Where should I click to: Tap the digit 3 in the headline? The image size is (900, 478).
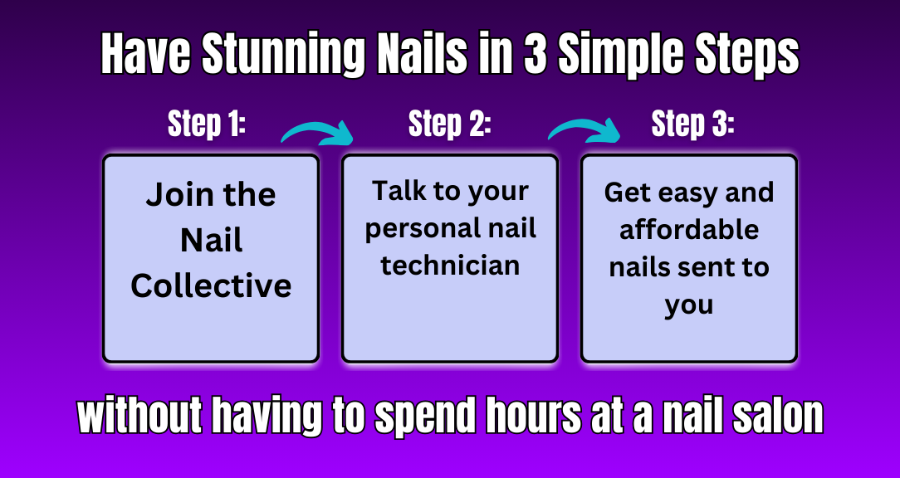[x=536, y=55]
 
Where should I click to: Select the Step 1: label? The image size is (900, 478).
[x=207, y=124]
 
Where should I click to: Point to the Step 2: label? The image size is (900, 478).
[x=450, y=124]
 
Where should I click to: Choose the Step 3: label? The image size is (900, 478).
[x=692, y=124]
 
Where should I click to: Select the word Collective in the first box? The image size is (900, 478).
[x=211, y=285]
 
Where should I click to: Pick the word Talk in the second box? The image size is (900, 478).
[x=398, y=191]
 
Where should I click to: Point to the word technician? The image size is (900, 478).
[x=450, y=266]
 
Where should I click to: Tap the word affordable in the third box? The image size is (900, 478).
[x=689, y=230]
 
